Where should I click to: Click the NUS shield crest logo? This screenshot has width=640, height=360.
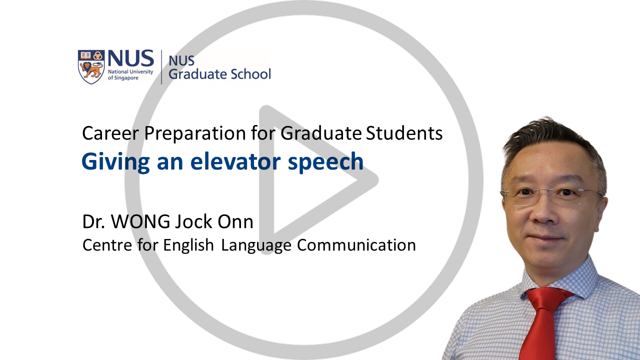(x=91, y=67)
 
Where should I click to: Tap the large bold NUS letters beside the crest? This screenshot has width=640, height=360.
(x=131, y=58)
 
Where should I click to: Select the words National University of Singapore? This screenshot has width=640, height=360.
(x=130, y=74)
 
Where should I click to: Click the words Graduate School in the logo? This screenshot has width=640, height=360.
(x=219, y=74)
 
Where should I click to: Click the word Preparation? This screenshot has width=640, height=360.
(x=195, y=133)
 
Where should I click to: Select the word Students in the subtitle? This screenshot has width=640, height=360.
(x=404, y=133)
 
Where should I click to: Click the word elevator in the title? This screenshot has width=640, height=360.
(x=235, y=161)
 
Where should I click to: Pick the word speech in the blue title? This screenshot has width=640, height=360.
(x=325, y=162)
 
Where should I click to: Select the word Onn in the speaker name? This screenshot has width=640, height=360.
(x=235, y=221)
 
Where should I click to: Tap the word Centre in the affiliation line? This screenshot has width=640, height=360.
(x=107, y=245)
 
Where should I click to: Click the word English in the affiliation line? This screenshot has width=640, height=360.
(x=188, y=245)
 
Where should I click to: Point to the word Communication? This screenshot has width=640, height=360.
(x=356, y=245)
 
